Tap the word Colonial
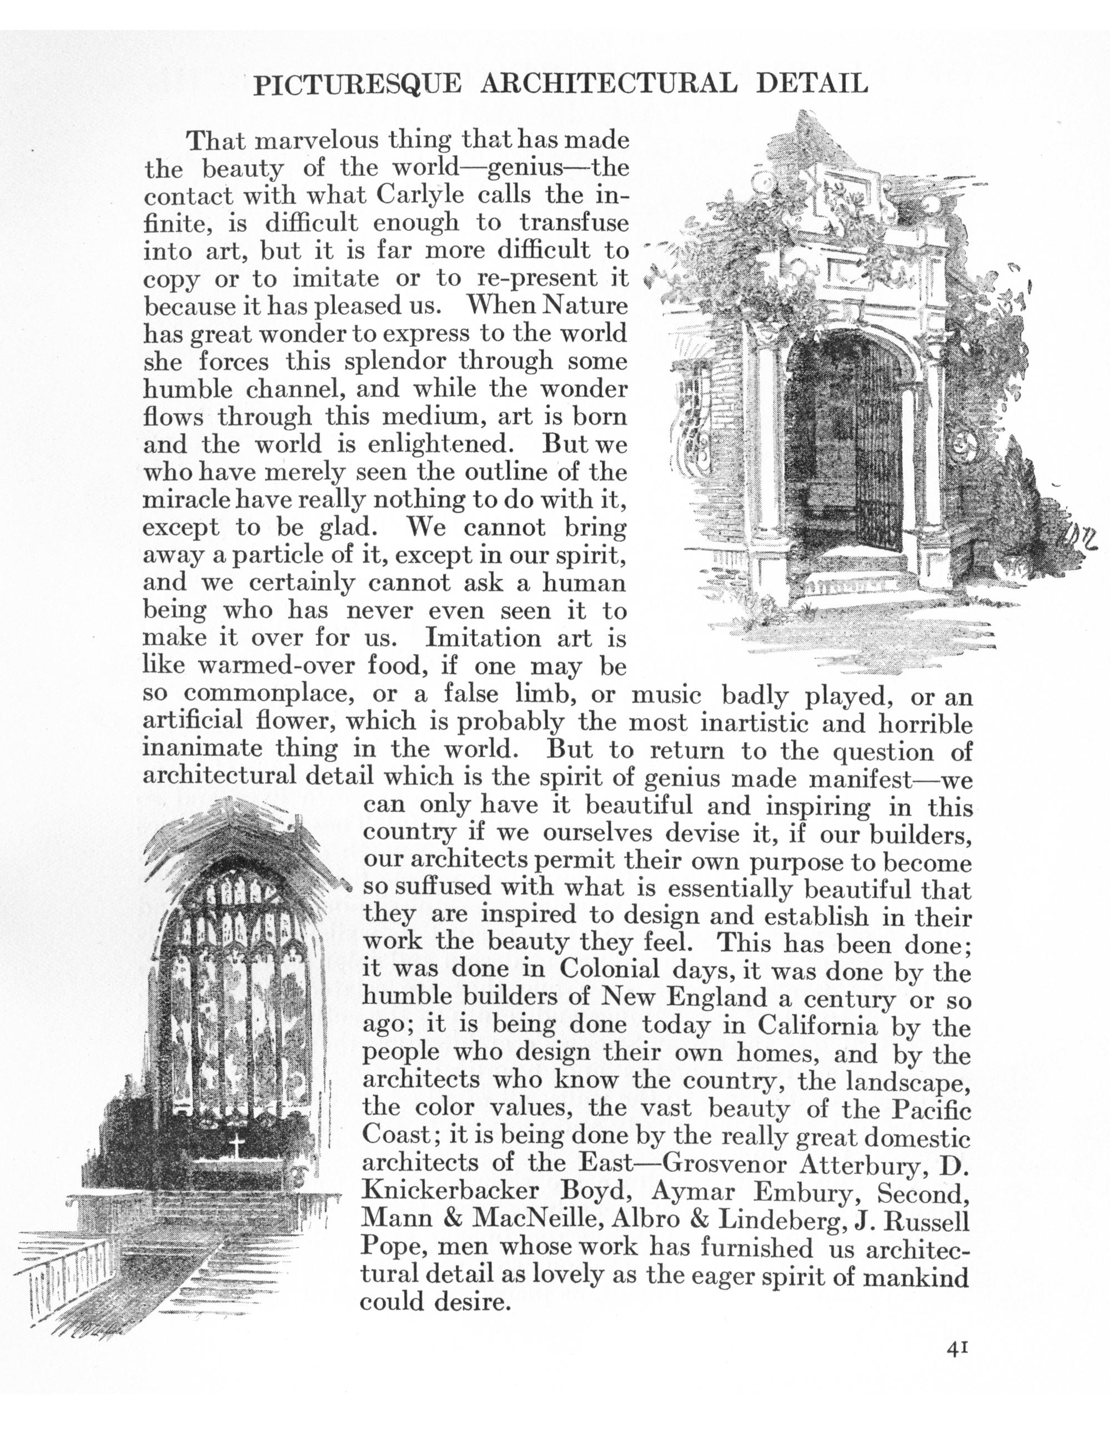coord(610,969)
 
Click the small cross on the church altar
coord(236,1142)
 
